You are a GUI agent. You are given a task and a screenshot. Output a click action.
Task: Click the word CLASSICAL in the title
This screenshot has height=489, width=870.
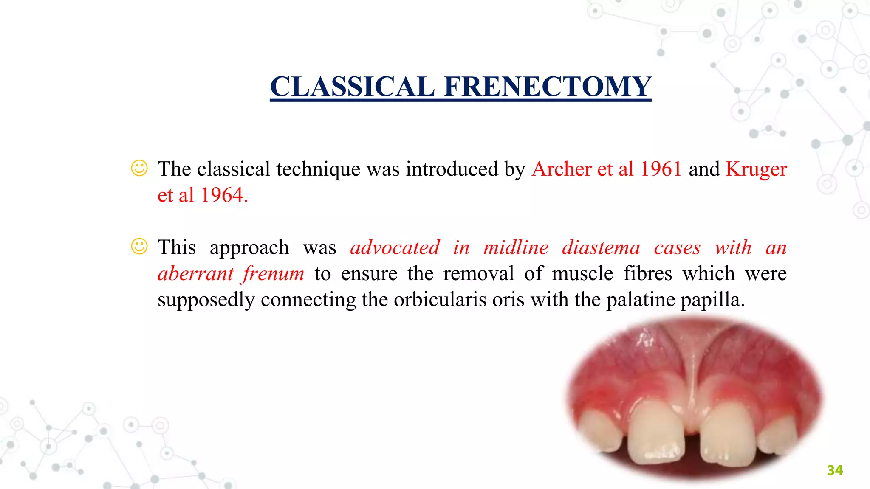[353, 87]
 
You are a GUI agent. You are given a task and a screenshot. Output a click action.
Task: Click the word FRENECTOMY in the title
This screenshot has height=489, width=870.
[548, 87]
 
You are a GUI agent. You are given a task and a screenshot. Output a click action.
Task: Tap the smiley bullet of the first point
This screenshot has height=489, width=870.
[139, 168]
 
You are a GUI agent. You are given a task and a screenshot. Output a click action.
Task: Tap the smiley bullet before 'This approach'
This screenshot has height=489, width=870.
[139, 246]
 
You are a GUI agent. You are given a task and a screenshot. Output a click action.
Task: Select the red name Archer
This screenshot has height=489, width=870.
[561, 169]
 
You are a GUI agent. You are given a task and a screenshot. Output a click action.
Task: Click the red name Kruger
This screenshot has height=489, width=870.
[756, 169]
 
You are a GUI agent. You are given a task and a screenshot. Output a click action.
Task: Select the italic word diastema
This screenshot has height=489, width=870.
[601, 247]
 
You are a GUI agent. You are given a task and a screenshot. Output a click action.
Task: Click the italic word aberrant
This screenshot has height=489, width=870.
[195, 273]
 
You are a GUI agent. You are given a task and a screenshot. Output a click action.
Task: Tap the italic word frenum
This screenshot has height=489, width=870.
[274, 273]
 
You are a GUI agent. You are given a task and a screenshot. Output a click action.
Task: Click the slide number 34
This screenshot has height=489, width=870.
[835, 470]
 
